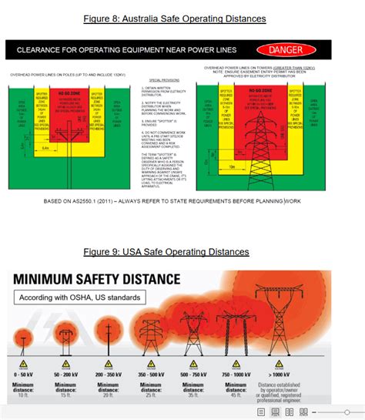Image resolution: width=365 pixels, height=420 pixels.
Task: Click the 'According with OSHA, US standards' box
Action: [80, 298]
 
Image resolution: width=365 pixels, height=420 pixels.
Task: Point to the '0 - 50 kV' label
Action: [23, 373]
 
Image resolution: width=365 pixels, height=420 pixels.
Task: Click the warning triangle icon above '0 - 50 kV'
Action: [23, 362]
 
